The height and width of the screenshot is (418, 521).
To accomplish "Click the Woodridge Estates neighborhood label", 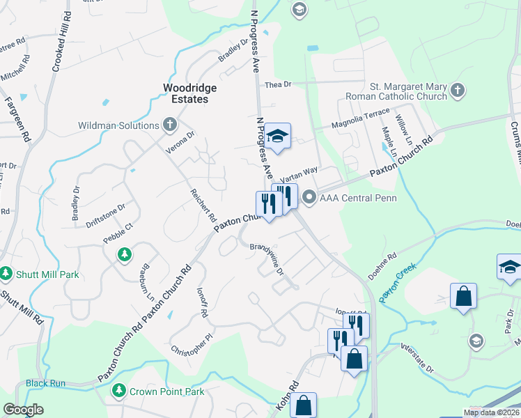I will [x=189, y=93].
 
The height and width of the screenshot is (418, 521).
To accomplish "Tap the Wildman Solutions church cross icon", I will [x=169, y=125].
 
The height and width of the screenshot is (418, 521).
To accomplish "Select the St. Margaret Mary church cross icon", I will [x=457, y=91].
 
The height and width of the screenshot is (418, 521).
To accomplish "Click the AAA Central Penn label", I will [x=357, y=198].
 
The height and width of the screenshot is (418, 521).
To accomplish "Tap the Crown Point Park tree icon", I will [x=119, y=392].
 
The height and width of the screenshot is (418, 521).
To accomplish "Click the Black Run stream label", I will [x=45, y=383].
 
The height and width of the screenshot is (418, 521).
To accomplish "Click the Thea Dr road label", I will [x=277, y=84].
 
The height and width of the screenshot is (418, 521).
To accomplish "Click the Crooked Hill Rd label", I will [x=60, y=42].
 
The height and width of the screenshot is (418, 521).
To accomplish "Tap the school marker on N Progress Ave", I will [x=278, y=137].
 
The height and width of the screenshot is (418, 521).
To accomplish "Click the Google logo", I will [x=23, y=410].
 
